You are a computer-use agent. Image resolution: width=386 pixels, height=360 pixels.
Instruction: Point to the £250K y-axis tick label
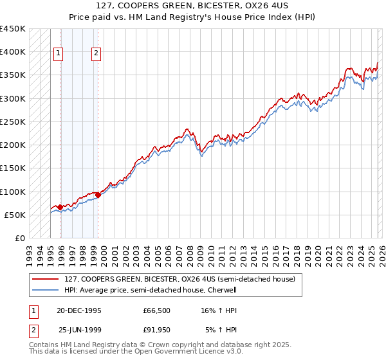point(13,122)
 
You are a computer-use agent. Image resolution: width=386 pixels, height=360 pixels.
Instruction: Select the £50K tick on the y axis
point(15,215)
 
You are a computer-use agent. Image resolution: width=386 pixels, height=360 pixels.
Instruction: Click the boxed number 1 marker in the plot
point(59,54)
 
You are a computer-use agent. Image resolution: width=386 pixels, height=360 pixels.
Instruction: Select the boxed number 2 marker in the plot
point(96,54)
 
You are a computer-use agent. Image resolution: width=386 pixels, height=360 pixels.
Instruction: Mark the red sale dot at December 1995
point(60,207)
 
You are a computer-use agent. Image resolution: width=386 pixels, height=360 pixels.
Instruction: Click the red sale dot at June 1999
point(98,195)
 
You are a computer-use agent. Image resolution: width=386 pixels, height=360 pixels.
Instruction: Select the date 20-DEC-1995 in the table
point(80,310)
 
